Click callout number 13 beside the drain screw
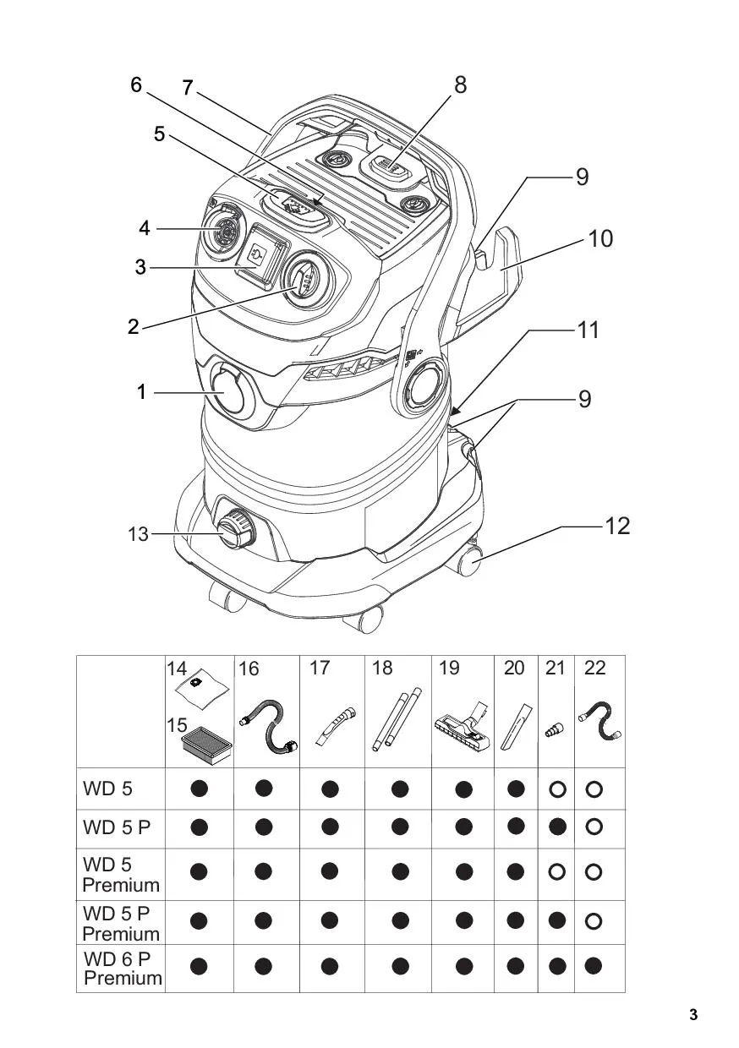(x=138, y=534)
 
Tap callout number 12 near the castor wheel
(x=618, y=526)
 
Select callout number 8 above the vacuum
(x=461, y=85)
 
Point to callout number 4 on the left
(x=144, y=228)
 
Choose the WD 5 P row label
(x=117, y=827)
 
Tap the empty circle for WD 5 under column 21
(x=557, y=789)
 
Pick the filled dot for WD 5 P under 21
(x=557, y=827)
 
